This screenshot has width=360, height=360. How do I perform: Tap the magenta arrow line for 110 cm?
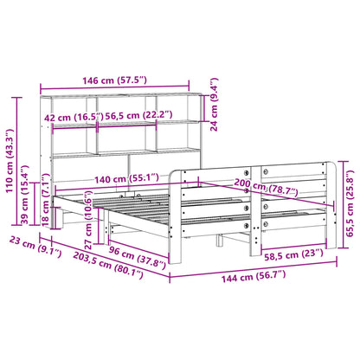click(21, 152)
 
